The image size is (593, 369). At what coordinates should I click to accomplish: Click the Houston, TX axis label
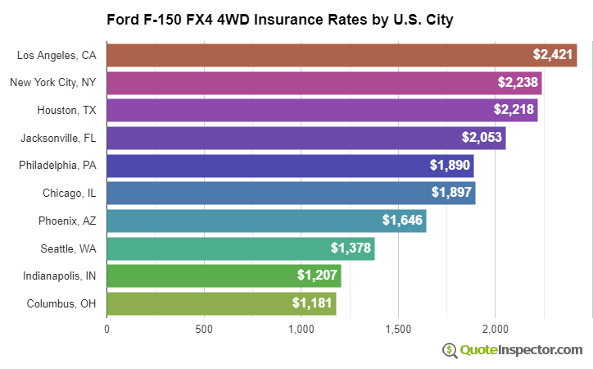click(x=66, y=110)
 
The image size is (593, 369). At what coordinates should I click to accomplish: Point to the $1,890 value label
click(x=450, y=165)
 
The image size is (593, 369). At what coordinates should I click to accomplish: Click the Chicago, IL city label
click(x=70, y=193)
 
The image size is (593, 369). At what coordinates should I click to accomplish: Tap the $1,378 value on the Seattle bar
click(x=351, y=248)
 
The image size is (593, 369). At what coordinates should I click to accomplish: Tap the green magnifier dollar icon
click(x=450, y=350)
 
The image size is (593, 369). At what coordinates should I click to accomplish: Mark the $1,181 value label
click(x=312, y=303)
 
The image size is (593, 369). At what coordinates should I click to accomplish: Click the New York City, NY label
click(x=53, y=82)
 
